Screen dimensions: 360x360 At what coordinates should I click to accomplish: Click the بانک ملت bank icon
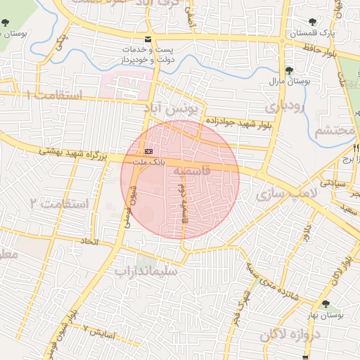[148, 151]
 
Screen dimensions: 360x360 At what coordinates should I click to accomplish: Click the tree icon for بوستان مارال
[289, 70]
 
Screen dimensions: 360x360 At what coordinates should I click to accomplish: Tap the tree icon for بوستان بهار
[325, 304]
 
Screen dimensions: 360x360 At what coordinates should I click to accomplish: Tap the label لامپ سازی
[288, 192]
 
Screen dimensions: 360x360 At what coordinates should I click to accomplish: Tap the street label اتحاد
[90, 242]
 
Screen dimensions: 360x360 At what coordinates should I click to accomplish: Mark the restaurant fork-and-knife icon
[356, 148]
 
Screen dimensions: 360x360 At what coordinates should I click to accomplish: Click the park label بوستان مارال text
[290, 82]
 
